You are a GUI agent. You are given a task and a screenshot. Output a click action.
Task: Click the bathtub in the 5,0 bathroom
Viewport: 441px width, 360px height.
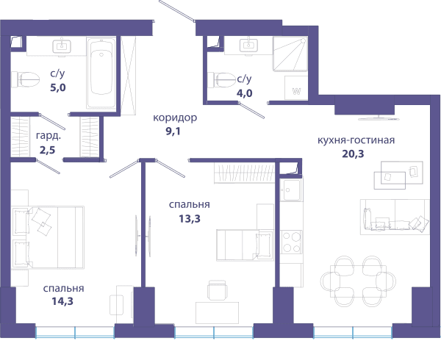click(x=101, y=73)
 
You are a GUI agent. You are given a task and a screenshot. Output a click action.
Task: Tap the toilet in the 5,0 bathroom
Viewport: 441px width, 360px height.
click(x=25, y=79)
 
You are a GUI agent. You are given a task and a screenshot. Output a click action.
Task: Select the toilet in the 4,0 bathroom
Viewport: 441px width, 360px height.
click(x=221, y=80)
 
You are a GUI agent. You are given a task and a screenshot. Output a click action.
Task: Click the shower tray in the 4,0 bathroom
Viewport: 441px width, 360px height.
click(x=290, y=54)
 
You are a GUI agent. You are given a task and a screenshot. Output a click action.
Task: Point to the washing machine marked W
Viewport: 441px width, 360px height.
click(x=296, y=87)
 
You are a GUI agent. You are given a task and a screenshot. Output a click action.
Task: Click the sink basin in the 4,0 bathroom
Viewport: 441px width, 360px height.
click(x=248, y=46)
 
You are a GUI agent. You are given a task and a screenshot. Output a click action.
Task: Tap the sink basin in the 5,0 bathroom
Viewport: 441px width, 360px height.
click(x=62, y=46)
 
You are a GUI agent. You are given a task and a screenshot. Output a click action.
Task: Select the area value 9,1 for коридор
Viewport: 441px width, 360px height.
click(x=173, y=131)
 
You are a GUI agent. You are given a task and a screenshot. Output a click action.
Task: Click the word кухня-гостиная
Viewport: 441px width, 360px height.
click(x=356, y=140)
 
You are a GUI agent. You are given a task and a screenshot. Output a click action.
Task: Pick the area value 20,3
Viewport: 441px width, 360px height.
click(x=353, y=154)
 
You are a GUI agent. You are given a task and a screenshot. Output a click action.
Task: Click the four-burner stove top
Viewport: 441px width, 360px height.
click(x=291, y=242)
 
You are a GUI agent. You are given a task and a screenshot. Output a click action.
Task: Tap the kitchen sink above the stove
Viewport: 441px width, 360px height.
click(x=291, y=190)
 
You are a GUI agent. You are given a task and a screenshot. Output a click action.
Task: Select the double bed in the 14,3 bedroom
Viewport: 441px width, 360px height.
click(x=48, y=237)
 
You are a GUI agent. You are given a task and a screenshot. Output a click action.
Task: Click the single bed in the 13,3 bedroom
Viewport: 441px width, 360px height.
click(x=245, y=245)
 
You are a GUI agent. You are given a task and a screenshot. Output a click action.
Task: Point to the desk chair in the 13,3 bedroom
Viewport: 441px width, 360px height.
click(x=217, y=290)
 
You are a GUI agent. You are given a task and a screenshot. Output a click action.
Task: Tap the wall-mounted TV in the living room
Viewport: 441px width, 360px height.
click(x=379, y=118)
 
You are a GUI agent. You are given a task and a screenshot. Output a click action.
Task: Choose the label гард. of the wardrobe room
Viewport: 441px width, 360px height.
click(x=49, y=136)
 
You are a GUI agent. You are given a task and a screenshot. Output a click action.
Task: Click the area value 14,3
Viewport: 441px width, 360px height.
click(x=62, y=301)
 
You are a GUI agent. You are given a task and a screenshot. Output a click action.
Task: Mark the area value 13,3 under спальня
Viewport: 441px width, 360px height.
click(x=190, y=218)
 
